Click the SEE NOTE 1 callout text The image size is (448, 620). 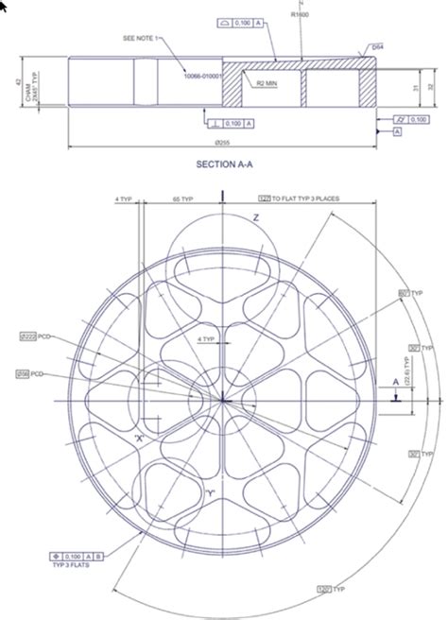(x=143, y=38)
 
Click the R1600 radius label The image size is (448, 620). (x=301, y=15)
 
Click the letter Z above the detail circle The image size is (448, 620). (x=255, y=217)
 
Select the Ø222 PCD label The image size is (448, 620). (x=37, y=336)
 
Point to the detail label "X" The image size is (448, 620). (x=141, y=439)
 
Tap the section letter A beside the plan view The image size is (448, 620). (x=395, y=381)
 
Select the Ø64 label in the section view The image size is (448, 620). (x=377, y=45)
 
